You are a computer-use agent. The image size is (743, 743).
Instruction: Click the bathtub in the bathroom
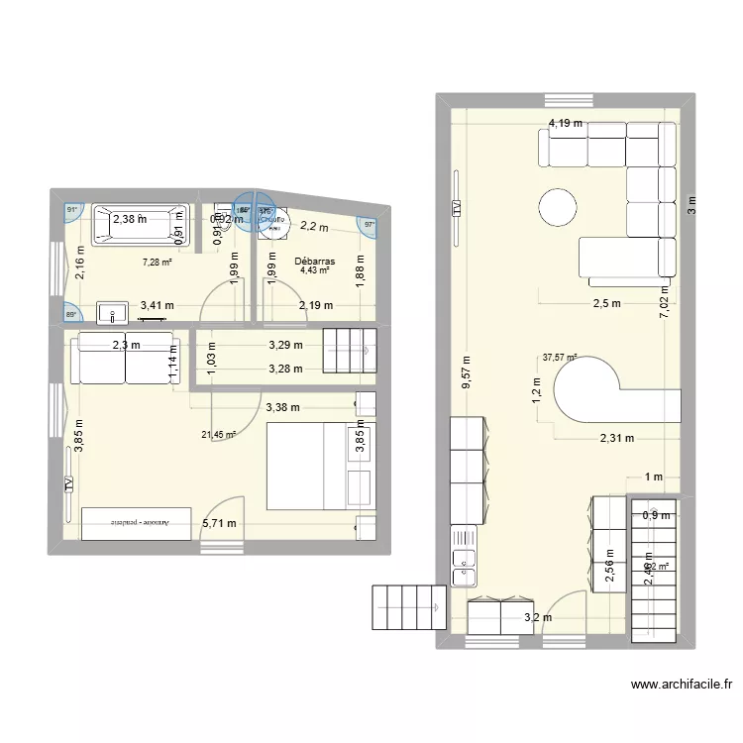coord(139,224)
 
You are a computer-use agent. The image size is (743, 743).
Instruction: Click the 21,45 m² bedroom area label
coord(218,434)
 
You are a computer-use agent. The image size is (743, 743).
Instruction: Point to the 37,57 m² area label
coord(559,359)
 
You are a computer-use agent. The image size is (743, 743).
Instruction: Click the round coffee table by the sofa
coord(558,208)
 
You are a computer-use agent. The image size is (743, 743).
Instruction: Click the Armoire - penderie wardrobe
coord(137,522)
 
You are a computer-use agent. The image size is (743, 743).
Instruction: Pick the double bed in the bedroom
coord(320,464)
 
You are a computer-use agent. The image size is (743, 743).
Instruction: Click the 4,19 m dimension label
coord(566,124)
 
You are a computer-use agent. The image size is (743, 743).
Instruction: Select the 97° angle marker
coord(370,225)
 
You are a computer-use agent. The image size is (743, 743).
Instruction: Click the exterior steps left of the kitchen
coord(407,605)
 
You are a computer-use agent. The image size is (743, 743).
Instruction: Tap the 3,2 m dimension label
coord(537,617)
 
